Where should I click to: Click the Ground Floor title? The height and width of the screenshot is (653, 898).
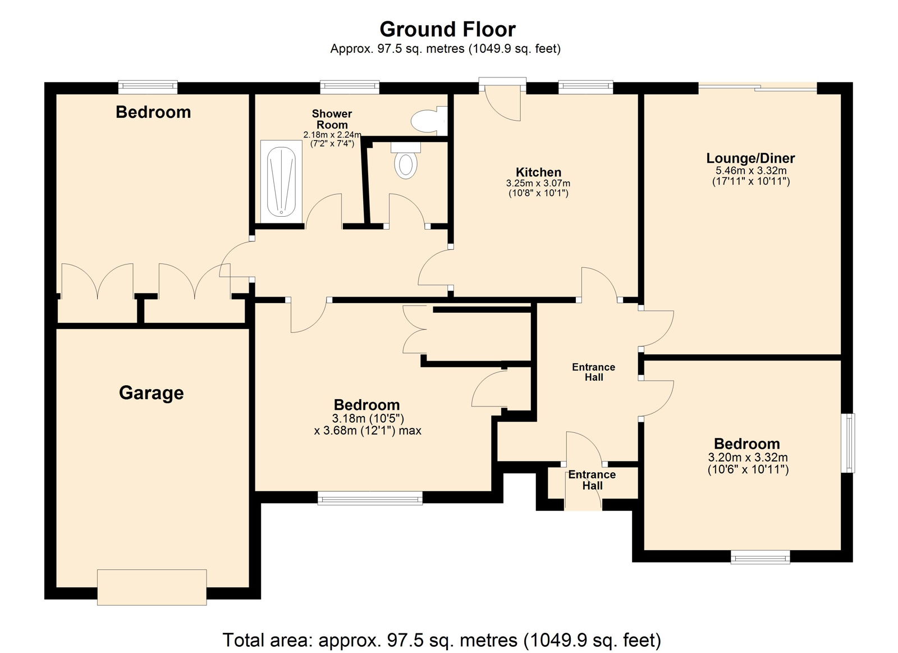coord(447,29)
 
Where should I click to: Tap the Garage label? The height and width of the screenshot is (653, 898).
coord(151,393)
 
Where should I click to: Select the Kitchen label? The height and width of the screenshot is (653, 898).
coord(538,172)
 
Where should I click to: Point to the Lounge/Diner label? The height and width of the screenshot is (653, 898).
coord(750,158)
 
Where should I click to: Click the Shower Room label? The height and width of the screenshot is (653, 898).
coord(332,119)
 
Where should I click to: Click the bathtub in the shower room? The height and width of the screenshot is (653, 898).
coord(281,182)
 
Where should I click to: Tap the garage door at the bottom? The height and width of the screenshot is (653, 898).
coord(152,587)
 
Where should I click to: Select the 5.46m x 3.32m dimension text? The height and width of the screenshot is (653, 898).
coord(751,171)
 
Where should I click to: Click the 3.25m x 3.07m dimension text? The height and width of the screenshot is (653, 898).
coord(538,183)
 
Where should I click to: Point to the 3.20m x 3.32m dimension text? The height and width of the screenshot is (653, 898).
coord(748,457)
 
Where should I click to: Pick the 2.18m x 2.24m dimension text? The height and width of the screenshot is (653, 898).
coord(332,135)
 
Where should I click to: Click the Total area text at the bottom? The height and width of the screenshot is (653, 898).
coord(442,640)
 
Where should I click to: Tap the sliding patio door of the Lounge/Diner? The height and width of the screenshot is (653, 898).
coord(757,88)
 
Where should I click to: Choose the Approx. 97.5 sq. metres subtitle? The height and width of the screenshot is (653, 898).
coord(445,48)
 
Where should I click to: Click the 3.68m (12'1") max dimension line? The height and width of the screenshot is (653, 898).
coord(368,431)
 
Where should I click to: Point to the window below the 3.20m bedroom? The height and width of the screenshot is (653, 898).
coord(760,557)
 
